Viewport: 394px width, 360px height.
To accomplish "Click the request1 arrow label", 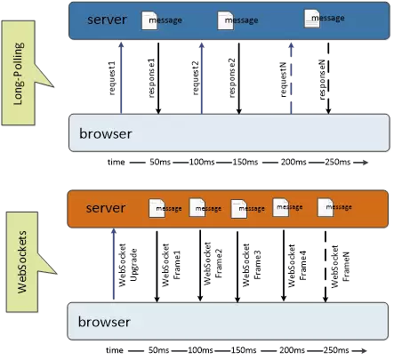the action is [113, 78].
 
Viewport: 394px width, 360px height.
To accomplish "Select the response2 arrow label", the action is [232, 78].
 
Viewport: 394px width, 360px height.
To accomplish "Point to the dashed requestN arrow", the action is [291, 78].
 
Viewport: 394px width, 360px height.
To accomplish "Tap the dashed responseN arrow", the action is [328, 78].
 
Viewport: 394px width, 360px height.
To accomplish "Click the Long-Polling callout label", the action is [19, 74].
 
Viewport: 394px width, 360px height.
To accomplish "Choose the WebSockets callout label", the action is [22, 262].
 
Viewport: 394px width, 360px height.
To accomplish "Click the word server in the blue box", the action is [107, 20].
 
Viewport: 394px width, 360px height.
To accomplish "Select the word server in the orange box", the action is [106, 208].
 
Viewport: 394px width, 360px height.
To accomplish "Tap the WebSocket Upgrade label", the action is [128, 265].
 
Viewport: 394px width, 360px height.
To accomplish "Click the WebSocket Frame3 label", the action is [252, 265].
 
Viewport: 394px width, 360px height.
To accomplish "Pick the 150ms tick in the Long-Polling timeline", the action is [245, 162].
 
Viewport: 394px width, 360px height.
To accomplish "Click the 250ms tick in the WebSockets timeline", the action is [336, 350].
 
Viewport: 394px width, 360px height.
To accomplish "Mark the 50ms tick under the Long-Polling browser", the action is [160, 162].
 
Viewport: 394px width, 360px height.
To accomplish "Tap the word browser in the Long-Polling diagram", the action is [106, 134].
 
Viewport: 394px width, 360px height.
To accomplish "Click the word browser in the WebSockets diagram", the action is [104, 322].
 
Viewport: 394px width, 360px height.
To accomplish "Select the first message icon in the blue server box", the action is [149, 20].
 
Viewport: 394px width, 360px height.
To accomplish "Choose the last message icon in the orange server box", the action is [326, 207].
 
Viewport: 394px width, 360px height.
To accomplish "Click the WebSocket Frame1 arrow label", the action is [172, 265].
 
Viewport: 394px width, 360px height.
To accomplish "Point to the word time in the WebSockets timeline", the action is [115, 350].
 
